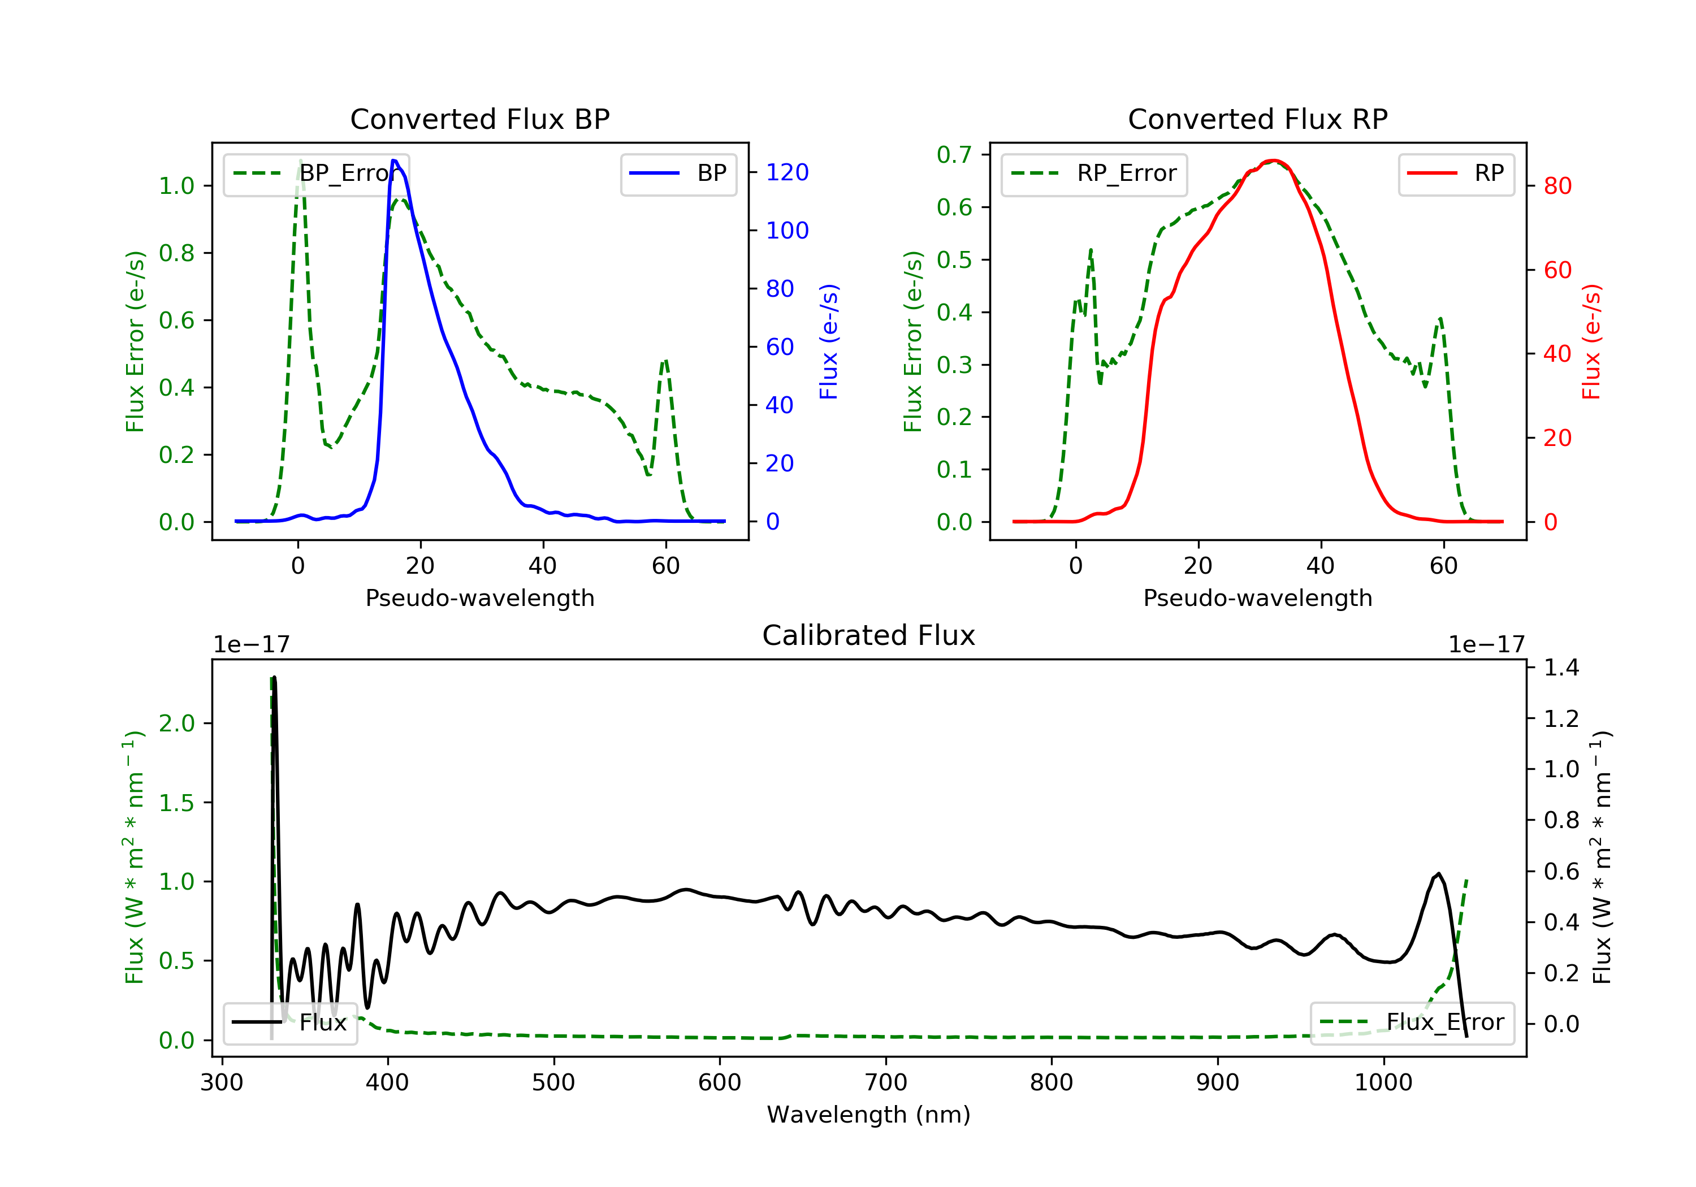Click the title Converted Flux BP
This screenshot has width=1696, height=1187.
479,119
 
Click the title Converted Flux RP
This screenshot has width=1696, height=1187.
1257,119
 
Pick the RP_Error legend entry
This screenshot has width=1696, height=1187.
1094,174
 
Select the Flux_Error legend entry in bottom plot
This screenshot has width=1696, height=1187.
1412,1023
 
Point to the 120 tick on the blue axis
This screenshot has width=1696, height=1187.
787,172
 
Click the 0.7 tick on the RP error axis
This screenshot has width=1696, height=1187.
954,154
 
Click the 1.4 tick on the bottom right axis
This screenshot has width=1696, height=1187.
1561,668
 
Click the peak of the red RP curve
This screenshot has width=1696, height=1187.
1274,161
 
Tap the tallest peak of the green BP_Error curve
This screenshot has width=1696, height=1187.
300,161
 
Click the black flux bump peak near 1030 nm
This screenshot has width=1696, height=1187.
1438,874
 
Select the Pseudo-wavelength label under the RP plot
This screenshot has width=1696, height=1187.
1257,597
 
